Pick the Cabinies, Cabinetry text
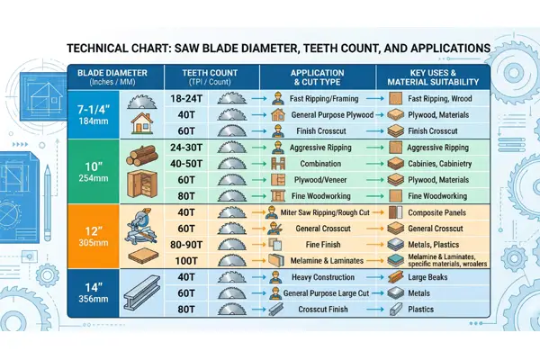pyautogui.click(x=441, y=163)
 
